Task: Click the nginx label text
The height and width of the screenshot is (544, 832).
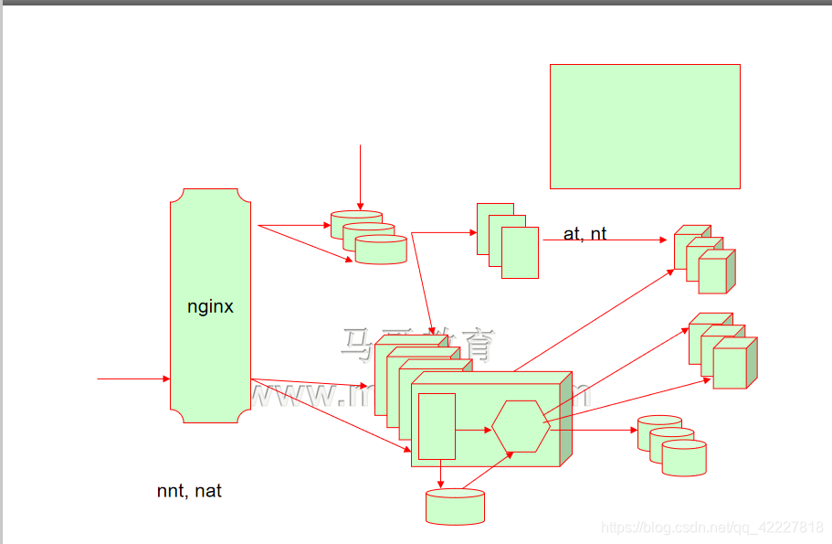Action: [x=210, y=307]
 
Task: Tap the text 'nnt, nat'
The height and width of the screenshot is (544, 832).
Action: [x=189, y=492]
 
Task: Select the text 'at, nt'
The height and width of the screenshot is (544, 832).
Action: [x=585, y=234]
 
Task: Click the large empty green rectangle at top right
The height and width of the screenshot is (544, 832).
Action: [x=645, y=126]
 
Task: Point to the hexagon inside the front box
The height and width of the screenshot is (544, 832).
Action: [x=521, y=427]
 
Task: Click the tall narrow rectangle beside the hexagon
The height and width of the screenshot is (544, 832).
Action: [x=437, y=426]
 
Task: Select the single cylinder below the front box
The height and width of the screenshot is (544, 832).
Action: [x=455, y=507]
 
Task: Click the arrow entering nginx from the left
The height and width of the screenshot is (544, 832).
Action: [x=133, y=379]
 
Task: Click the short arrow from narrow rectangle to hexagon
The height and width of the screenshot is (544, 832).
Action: [x=473, y=429]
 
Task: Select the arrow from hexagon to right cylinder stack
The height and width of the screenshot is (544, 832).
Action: [x=594, y=429]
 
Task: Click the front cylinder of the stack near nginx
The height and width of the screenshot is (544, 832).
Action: [x=380, y=251]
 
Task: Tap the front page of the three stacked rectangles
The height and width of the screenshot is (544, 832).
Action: [x=520, y=252]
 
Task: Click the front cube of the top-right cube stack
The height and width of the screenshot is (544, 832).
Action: [x=712, y=274]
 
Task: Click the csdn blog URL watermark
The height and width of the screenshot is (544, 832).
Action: [x=712, y=528]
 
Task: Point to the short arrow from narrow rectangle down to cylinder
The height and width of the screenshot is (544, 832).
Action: [x=441, y=474]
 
